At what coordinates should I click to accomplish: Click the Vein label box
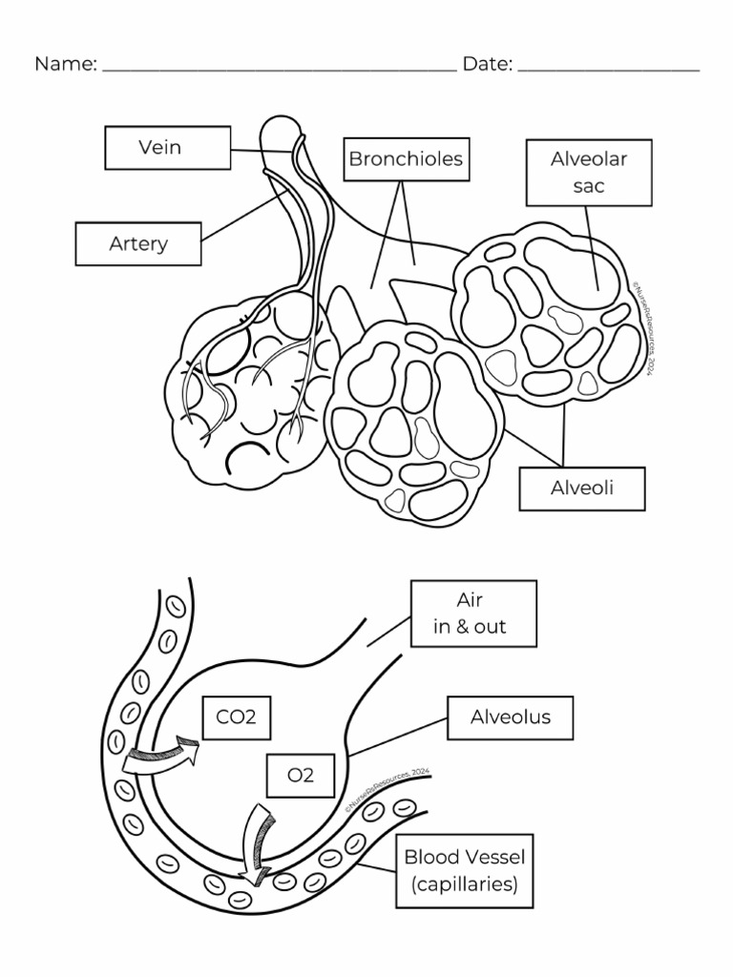pos(167,148)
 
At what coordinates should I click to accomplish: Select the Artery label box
pos(138,243)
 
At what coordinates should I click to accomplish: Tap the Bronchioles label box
pos(406,158)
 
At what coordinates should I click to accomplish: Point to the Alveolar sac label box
pos(589,173)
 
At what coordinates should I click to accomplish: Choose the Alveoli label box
pos(582,488)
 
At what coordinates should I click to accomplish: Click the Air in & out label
pos(473,613)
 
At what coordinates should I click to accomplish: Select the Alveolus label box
pos(511,717)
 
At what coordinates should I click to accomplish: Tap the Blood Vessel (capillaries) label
pos(465,871)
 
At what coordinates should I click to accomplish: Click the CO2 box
pos(237,717)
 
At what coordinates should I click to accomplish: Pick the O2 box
pos(301,775)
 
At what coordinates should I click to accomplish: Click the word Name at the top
pos(65,64)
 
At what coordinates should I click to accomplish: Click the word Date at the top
pos(488,64)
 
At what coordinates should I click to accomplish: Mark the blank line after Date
pos(609,70)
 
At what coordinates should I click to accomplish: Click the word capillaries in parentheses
pos(465,884)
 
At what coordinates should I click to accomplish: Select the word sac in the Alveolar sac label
pos(589,186)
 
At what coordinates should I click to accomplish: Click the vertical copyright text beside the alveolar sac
pos(642,328)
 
